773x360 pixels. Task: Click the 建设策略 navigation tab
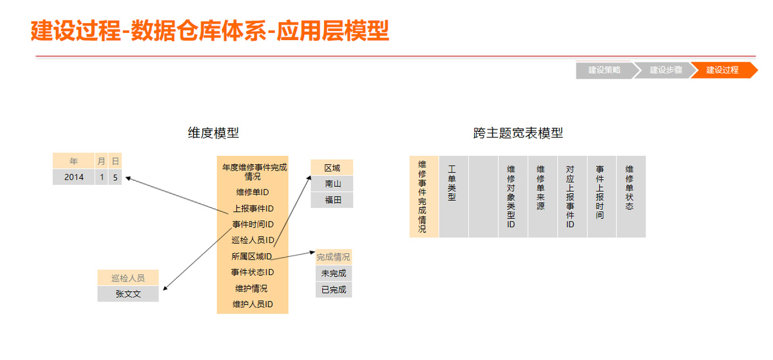[604, 70]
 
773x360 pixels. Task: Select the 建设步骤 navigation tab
[665, 70]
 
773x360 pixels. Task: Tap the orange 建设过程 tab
[722, 70]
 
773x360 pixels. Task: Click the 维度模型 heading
[213, 133]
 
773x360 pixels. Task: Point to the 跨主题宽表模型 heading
[518, 133]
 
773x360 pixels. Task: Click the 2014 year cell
[73, 177]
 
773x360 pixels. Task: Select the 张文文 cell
[128, 294]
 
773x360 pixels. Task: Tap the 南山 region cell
[332, 184]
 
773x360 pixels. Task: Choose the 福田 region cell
[332, 200]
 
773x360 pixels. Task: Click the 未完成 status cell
[334, 274]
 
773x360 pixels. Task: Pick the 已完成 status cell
[334, 290]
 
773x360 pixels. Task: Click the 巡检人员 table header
[128, 278]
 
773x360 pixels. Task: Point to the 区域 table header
[332, 168]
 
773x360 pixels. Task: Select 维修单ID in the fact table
[252, 192]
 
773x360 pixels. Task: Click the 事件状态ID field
[252, 272]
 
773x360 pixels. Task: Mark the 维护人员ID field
[252, 304]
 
